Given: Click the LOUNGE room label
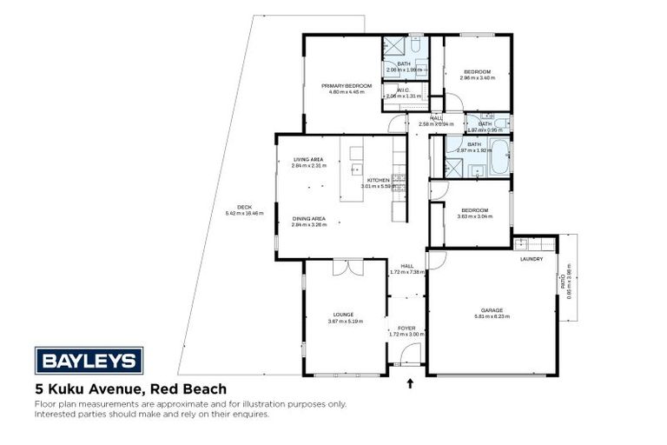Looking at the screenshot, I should (343, 315).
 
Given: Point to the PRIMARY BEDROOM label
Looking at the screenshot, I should (346, 86).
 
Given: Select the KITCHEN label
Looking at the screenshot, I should (378, 180).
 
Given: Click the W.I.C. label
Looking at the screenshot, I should (403, 90).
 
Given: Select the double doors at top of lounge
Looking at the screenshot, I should (346, 266).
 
